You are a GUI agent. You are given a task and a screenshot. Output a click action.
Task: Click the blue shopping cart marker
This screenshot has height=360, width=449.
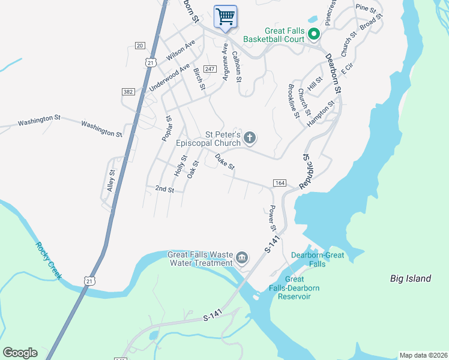pyautogui.click(x=226, y=16)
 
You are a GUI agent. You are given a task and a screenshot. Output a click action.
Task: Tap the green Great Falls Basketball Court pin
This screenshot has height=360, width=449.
pyautogui.click(x=313, y=35)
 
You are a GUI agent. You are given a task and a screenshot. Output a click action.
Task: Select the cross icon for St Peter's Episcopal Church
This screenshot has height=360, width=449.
pyautogui.click(x=250, y=139)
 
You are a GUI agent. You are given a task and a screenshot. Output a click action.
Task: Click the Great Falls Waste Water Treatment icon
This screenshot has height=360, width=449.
pyautogui.click(x=242, y=258)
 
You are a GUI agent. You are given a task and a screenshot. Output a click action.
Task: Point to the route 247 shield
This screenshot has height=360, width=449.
pyautogui.click(x=209, y=69)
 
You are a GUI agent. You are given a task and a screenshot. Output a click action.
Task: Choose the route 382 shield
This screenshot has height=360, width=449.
pyautogui.click(x=128, y=91)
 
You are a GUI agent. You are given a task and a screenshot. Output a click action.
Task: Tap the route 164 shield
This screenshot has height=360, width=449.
pyautogui.click(x=279, y=182)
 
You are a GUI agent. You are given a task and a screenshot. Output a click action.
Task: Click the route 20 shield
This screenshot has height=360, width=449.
pyautogui.click(x=140, y=46)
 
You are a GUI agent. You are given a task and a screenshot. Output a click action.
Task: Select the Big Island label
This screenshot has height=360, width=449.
pyautogui.click(x=411, y=278)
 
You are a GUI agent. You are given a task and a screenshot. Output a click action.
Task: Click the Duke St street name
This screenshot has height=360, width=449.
pyautogui.click(x=224, y=161)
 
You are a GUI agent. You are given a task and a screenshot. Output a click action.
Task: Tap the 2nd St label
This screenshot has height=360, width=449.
pyautogui.click(x=164, y=189)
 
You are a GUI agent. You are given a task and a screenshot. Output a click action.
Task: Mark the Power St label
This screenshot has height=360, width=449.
pyautogui.click(x=272, y=219)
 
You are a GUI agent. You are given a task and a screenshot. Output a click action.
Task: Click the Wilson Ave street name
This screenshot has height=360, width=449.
pyautogui.click(x=181, y=50)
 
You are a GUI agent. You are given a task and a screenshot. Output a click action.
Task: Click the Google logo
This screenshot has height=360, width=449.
pyautogui.click(x=20, y=353)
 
